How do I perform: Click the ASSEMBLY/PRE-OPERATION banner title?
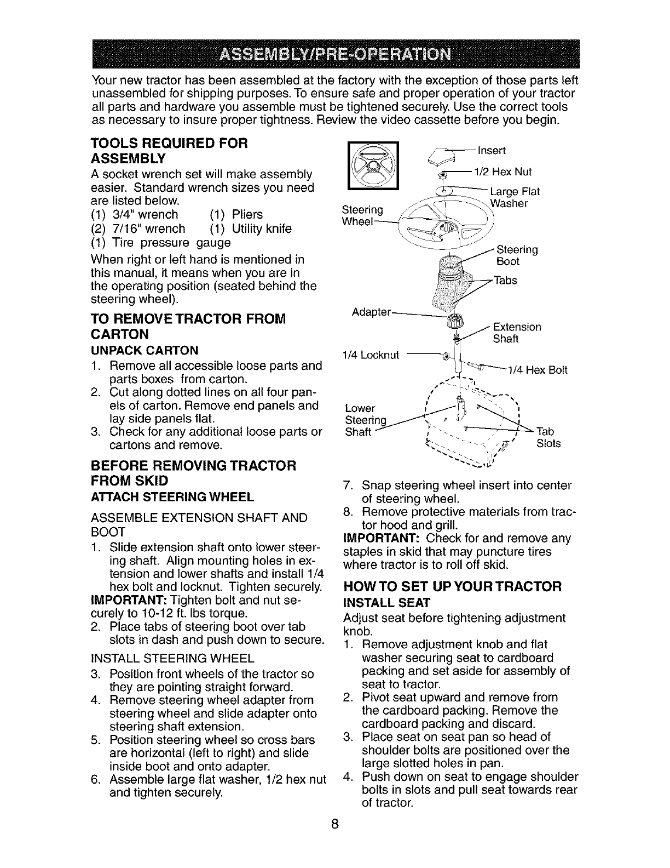(x=334, y=55)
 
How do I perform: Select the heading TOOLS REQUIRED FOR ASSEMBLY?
(x=170, y=151)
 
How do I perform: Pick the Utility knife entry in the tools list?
(x=251, y=228)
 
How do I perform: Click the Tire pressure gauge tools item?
(x=160, y=242)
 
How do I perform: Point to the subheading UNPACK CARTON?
(x=144, y=350)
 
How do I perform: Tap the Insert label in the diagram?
(x=492, y=150)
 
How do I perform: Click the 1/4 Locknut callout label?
(x=372, y=355)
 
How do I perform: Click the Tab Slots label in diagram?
(x=548, y=437)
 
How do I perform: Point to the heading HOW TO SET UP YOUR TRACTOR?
(x=452, y=587)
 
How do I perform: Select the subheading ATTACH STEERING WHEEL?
(x=172, y=497)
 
